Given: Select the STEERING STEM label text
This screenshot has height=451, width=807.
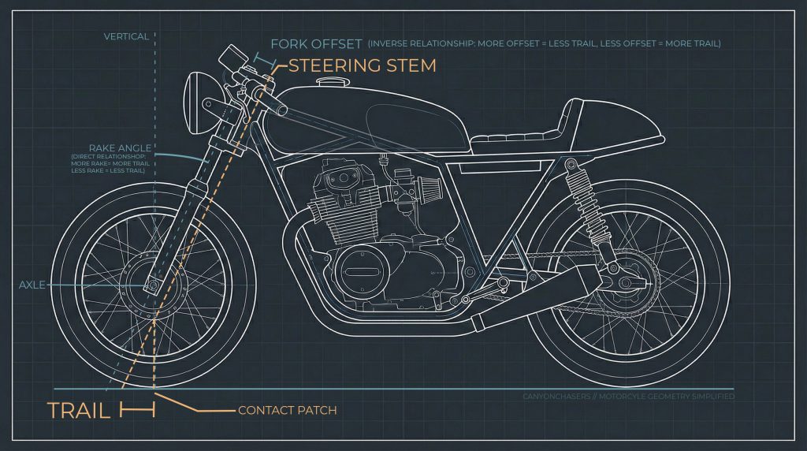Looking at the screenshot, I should [x=362, y=65].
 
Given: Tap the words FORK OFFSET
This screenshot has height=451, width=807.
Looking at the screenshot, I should [x=315, y=43].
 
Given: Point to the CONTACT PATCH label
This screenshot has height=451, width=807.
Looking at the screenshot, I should [x=287, y=410].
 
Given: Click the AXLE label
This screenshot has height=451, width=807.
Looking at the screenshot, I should [x=32, y=285].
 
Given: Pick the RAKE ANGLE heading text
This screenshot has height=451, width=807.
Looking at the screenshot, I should [x=120, y=147].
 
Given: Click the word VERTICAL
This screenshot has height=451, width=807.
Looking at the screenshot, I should [x=126, y=36].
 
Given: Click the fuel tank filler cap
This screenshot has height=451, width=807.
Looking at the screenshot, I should [x=328, y=83].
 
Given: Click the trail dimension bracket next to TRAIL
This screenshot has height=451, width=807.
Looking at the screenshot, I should [x=138, y=410].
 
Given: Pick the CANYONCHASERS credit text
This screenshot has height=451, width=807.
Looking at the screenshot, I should [x=628, y=397].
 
